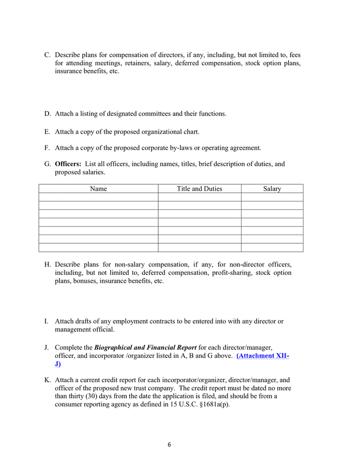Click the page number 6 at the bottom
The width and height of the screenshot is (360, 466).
(169, 444)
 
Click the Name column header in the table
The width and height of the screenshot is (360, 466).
(98, 189)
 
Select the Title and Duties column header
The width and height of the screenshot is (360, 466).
(199, 189)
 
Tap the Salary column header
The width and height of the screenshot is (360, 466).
(272, 189)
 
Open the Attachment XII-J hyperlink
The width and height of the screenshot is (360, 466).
(262, 356)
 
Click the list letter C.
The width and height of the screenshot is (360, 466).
(47, 55)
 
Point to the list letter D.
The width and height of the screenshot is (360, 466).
(47, 114)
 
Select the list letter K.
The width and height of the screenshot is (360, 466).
(47, 380)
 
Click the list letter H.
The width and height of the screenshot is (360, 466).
(47, 265)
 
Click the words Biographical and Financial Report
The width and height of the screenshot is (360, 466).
(145, 347)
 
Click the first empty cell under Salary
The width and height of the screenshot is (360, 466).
(272, 197)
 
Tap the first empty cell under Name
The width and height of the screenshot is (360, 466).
(98, 197)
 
